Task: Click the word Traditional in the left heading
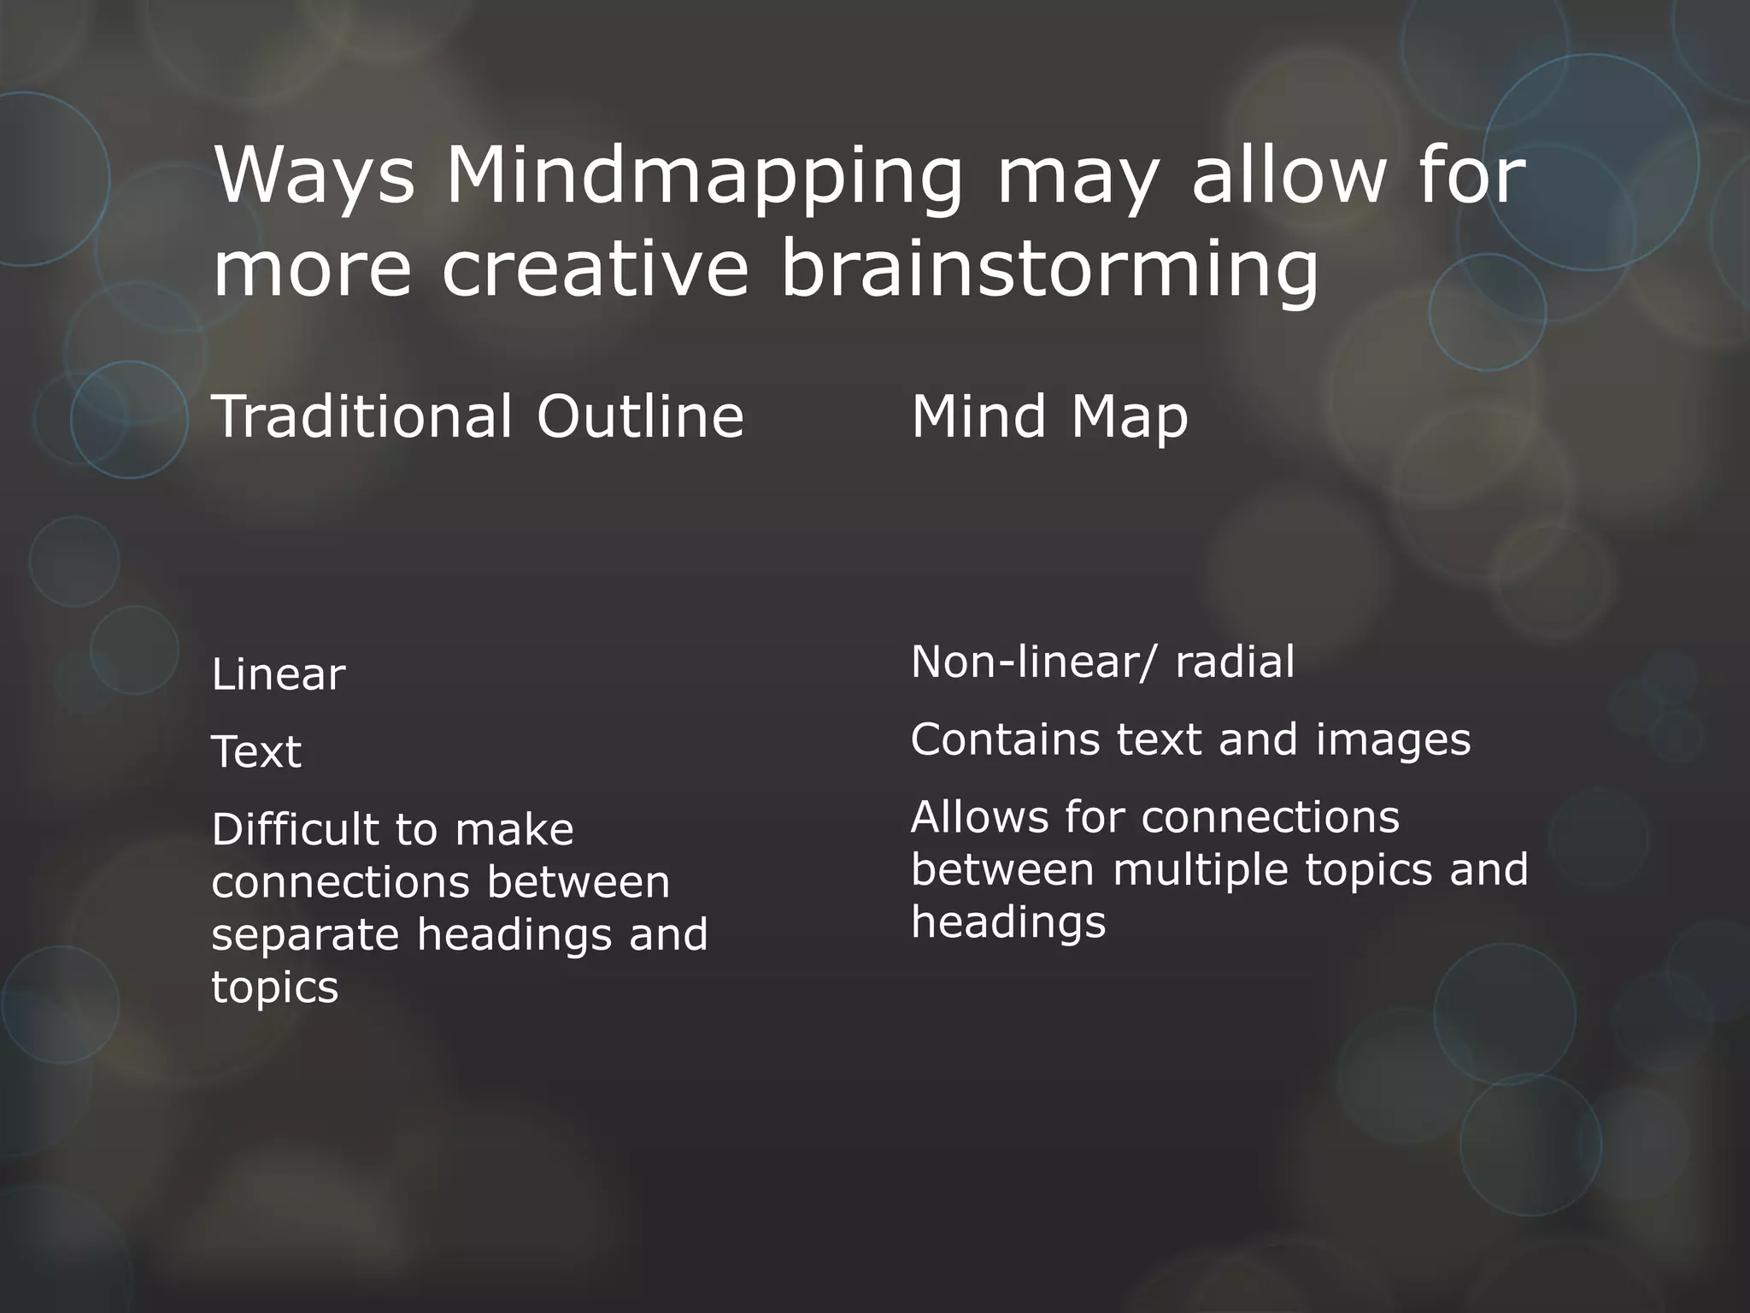(362, 416)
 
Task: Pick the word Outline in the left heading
(640, 416)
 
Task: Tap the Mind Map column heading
(1049, 418)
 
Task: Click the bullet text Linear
(278, 674)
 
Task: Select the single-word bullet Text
(256, 752)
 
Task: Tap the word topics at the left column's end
(274, 988)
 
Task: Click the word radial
(1235, 662)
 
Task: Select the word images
(1393, 739)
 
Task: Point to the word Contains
(1005, 739)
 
